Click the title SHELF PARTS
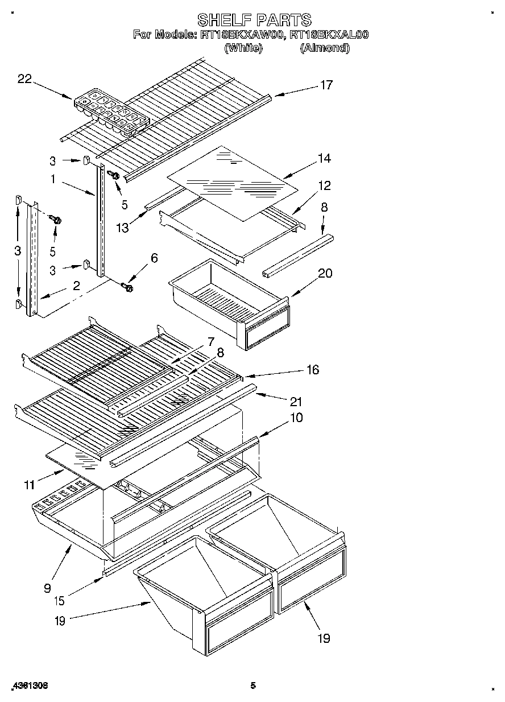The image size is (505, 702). click(x=254, y=20)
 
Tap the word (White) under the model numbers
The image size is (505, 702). click(x=243, y=48)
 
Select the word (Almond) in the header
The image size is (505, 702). click(x=324, y=48)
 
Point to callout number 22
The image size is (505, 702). click(x=24, y=79)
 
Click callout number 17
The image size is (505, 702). click(x=326, y=85)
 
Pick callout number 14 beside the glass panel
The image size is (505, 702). click(x=324, y=158)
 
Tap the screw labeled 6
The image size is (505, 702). click(x=127, y=287)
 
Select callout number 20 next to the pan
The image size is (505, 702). click(x=325, y=273)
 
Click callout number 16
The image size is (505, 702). click(x=312, y=370)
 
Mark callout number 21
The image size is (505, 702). click(x=296, y=402)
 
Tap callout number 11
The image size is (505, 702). click(x=29, y=485)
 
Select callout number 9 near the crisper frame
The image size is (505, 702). click(x=47, y=588)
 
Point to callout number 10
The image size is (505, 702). click(x=296, y=418)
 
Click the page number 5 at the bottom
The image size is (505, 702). click(x=254, y=686)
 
